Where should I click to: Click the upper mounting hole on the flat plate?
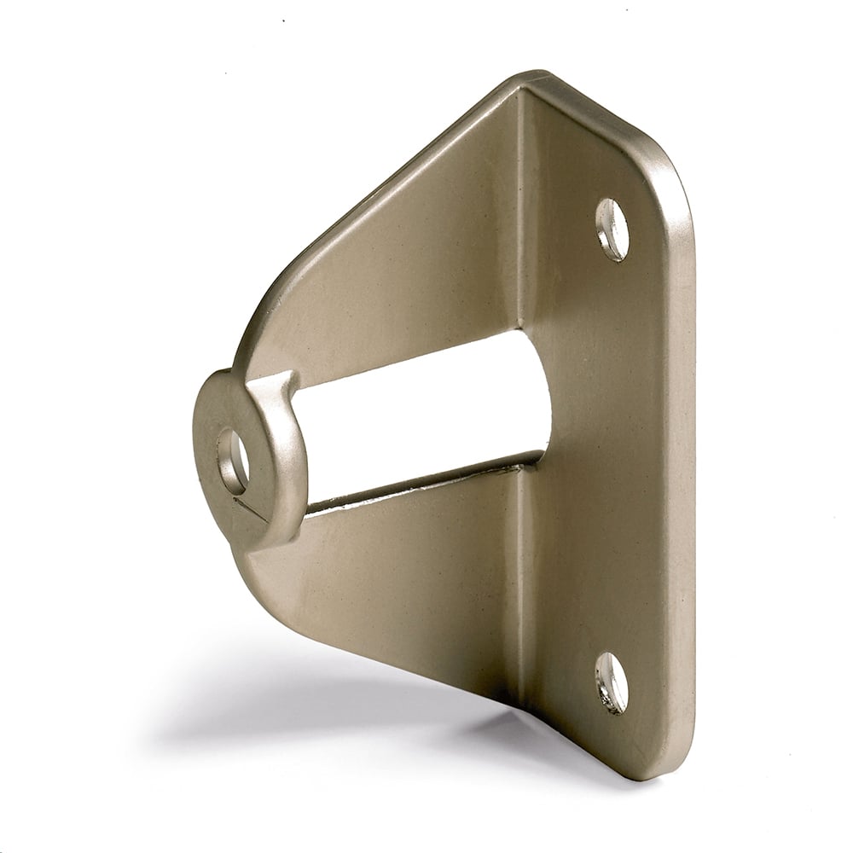point(612,229)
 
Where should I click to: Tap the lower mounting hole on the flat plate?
point(612,682)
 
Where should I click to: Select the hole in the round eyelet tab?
point(233,461)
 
